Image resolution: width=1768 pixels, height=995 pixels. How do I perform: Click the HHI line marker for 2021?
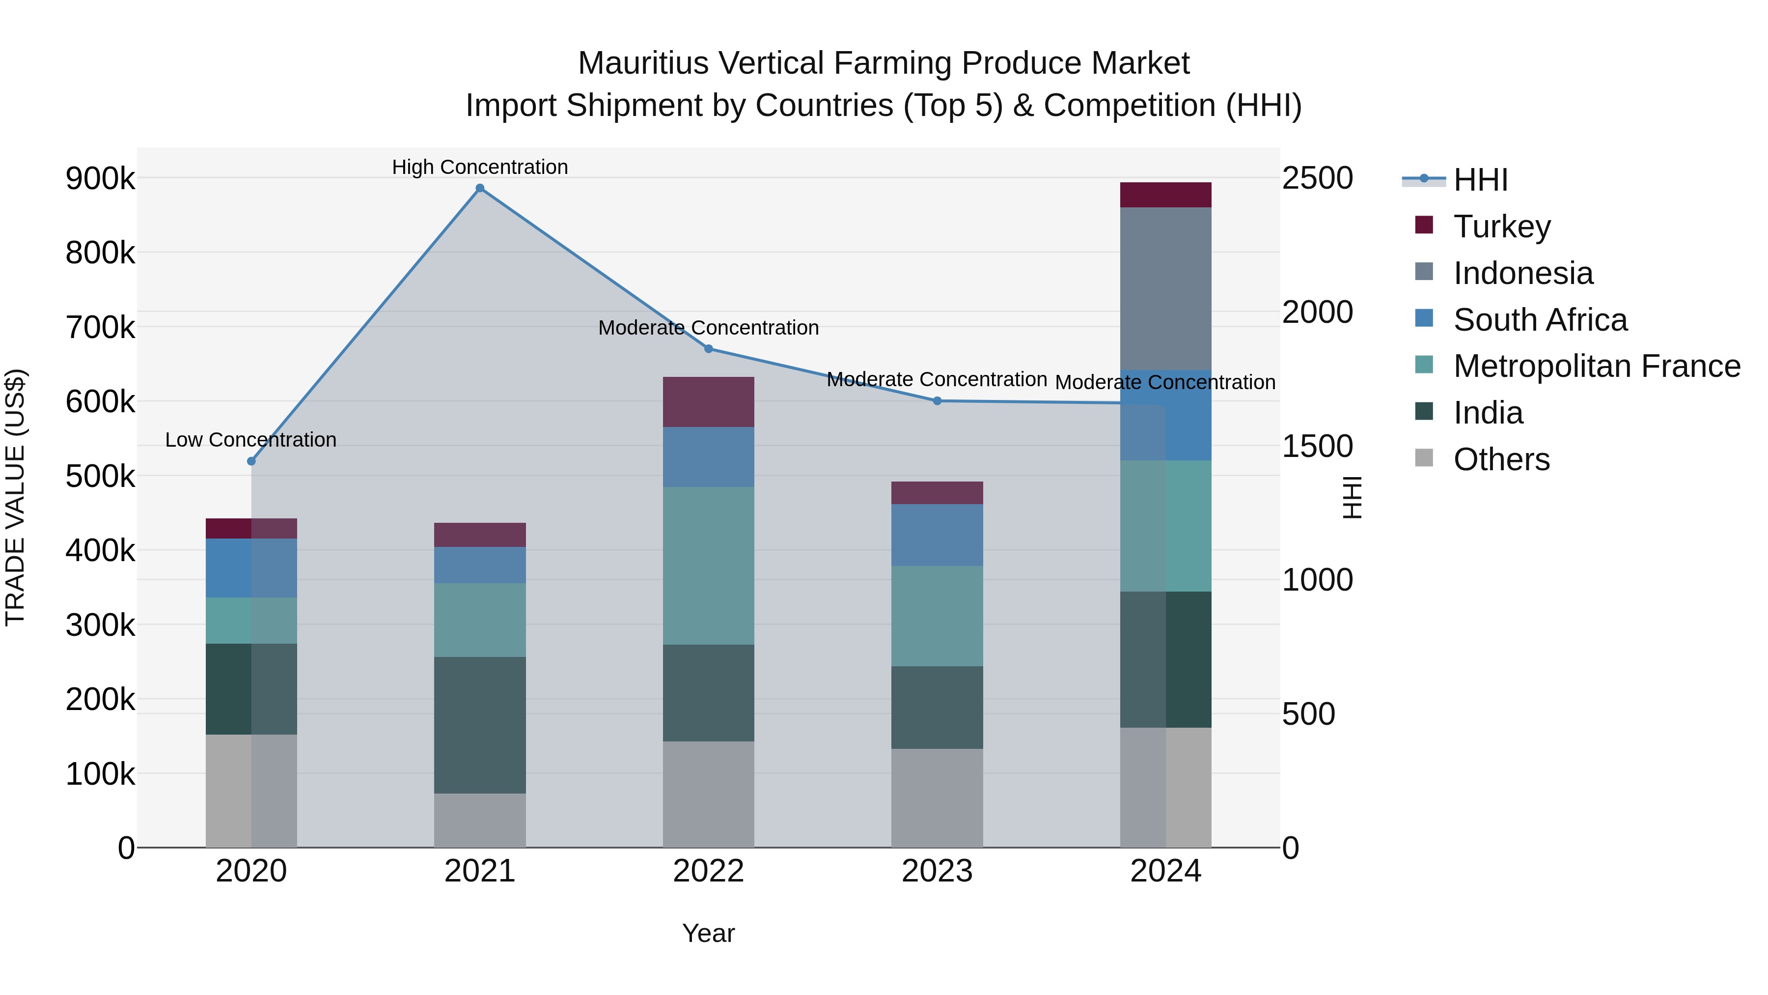click(x=480, y=188)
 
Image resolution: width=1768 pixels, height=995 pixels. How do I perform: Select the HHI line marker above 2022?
click(x=708, y=349)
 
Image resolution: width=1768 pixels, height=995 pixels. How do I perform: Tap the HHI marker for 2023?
click(x=937, y=401)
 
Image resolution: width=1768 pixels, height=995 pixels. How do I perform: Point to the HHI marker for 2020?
click(x=251, y=461)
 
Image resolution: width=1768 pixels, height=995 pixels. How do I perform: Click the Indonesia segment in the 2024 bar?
click(x=1165, y=288)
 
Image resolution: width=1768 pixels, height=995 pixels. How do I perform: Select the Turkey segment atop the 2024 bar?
click(x=1165, y=195)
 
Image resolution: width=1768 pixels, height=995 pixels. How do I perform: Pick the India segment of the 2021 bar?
click(x=480, y=725)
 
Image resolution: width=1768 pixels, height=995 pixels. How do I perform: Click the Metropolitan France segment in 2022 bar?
click(x=708, y=566)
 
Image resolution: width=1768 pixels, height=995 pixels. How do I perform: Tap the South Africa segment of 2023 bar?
click(x=937, y=535)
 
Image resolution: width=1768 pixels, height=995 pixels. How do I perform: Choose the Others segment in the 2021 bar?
click(x=480, y=821)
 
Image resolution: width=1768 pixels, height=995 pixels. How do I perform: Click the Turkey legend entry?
click(x=1502, y=227)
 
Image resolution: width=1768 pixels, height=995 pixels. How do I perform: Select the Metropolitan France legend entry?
click(x=1597, y=366)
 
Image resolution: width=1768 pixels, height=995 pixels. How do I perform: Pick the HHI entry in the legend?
click(x=1480, y=180)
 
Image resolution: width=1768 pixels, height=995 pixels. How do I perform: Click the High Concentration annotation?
click(x=480, y=167)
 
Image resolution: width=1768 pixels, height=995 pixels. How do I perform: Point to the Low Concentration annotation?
click(x=251, y=439)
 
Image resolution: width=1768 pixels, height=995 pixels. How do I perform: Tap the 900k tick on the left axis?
click(x=100, y=178)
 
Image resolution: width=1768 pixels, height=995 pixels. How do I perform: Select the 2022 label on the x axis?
click(x=708, y=871)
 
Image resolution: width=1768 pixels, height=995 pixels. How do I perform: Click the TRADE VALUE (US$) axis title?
click(x=15, y=497)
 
